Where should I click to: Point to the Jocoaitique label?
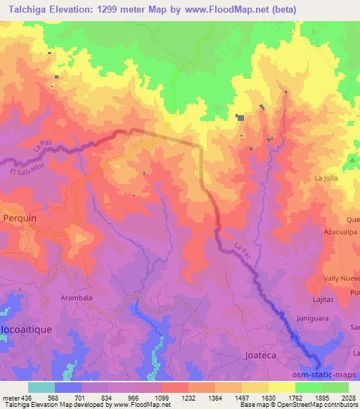click(20, 329)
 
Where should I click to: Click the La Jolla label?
click(327, 178)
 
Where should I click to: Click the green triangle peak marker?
click(352, 161)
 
